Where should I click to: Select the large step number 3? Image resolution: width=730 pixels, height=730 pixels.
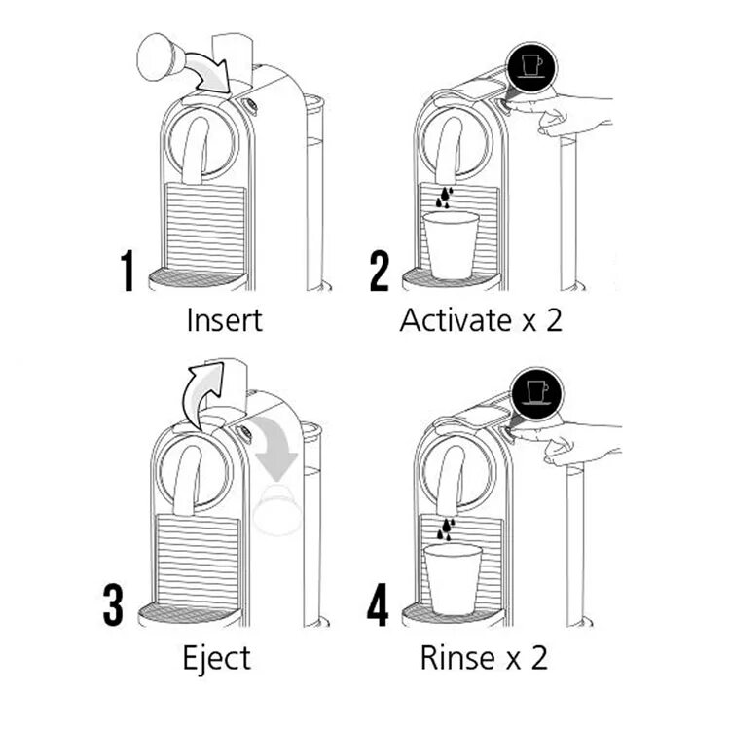point(114,604)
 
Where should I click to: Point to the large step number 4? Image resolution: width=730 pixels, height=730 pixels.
point(378,604)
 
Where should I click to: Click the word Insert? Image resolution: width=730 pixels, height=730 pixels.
point(224,319)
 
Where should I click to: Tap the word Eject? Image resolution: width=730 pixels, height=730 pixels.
point(216,658)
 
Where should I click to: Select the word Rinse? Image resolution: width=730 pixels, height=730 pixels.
point(456,658)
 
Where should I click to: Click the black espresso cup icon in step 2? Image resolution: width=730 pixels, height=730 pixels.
point(530,66)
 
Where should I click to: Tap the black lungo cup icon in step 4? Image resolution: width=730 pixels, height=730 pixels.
point(536,392)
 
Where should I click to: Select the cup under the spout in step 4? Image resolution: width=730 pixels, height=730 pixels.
point(453,577)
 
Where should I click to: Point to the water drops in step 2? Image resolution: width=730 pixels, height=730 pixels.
point(444,197)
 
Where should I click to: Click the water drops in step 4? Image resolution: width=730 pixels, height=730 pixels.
point(446,529)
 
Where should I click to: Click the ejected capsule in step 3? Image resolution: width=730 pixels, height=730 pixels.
point(276,509)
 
